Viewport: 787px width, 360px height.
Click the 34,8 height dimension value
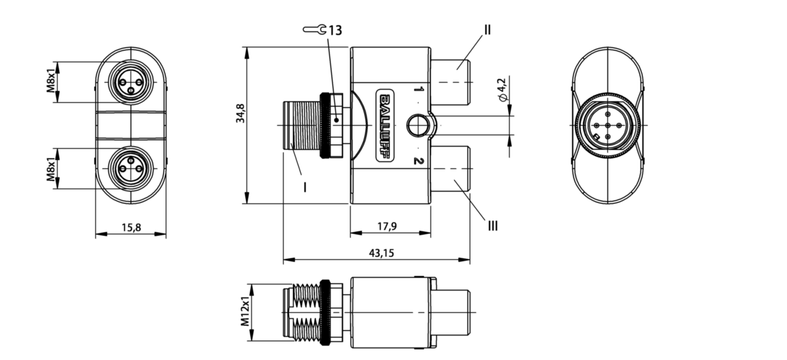coord(241,113)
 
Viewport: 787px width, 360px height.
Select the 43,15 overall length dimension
coord(381,253)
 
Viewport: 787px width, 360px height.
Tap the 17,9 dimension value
coord(387,226)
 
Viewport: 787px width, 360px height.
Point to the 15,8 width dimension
coord(131,228)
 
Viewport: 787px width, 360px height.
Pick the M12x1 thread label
coord(245,311)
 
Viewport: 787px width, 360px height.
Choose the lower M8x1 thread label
coord(51,169)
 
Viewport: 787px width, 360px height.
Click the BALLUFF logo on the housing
coord(385,126)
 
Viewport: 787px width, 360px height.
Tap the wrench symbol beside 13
coord(315,30)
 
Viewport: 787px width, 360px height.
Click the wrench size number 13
coord(335,31)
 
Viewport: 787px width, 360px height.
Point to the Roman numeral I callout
coord(305,187)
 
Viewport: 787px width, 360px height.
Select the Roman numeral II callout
coord(487,30)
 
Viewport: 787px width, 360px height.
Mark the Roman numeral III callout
coord(493,226)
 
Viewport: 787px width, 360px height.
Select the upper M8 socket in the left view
coord(131,82)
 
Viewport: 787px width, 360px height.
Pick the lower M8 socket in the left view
coord(131,169)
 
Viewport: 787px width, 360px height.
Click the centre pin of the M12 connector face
coord(608,126)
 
